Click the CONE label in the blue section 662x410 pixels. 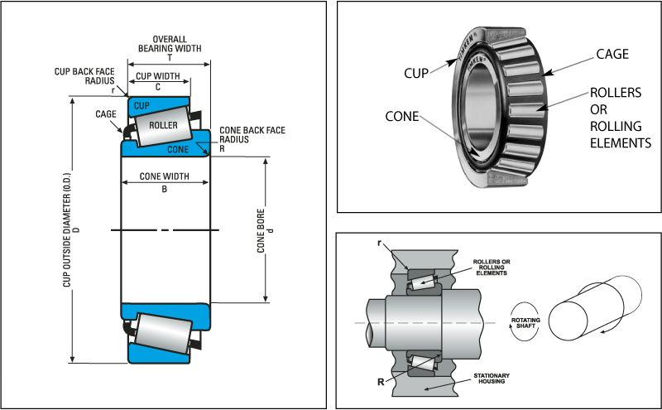178,150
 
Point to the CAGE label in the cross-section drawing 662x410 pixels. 105,114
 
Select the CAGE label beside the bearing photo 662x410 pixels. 612,55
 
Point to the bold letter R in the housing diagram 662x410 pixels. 380,383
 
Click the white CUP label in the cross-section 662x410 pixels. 142,106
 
